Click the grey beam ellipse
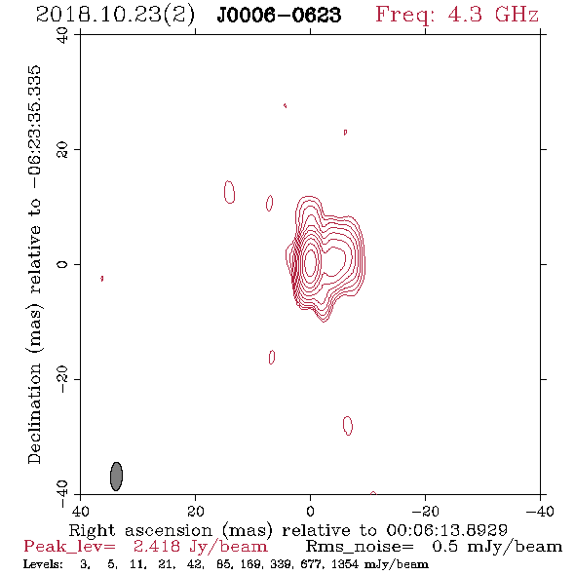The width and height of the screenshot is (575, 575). [x=116, y=476]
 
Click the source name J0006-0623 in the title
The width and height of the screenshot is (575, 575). [x=279, y=15]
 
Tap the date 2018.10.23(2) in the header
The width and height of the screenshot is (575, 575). [x=115, y=15]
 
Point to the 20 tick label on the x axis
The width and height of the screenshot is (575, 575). [x=196, y=511]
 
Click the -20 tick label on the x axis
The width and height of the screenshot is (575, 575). [x=425, y=511]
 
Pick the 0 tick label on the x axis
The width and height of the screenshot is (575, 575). [x=310, y=511]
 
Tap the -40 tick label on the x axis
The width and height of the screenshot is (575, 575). [x=540, y=511]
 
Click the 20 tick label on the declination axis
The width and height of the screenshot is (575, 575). [x=62, y=150]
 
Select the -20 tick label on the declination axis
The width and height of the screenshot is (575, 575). [x=62, y=379]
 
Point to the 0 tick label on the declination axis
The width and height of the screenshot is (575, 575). [x=62, y=264]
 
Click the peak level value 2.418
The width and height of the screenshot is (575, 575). [x=157, y=547]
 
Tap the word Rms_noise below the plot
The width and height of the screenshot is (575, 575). [x=360, y=547]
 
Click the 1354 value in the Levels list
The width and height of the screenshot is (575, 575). [x=344, y=564]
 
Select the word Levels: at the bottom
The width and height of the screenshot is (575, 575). [x=43, y=564]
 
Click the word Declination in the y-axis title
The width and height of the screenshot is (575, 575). [x=34, y=413]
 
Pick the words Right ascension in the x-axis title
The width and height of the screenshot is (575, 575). [x=140, y=530]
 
